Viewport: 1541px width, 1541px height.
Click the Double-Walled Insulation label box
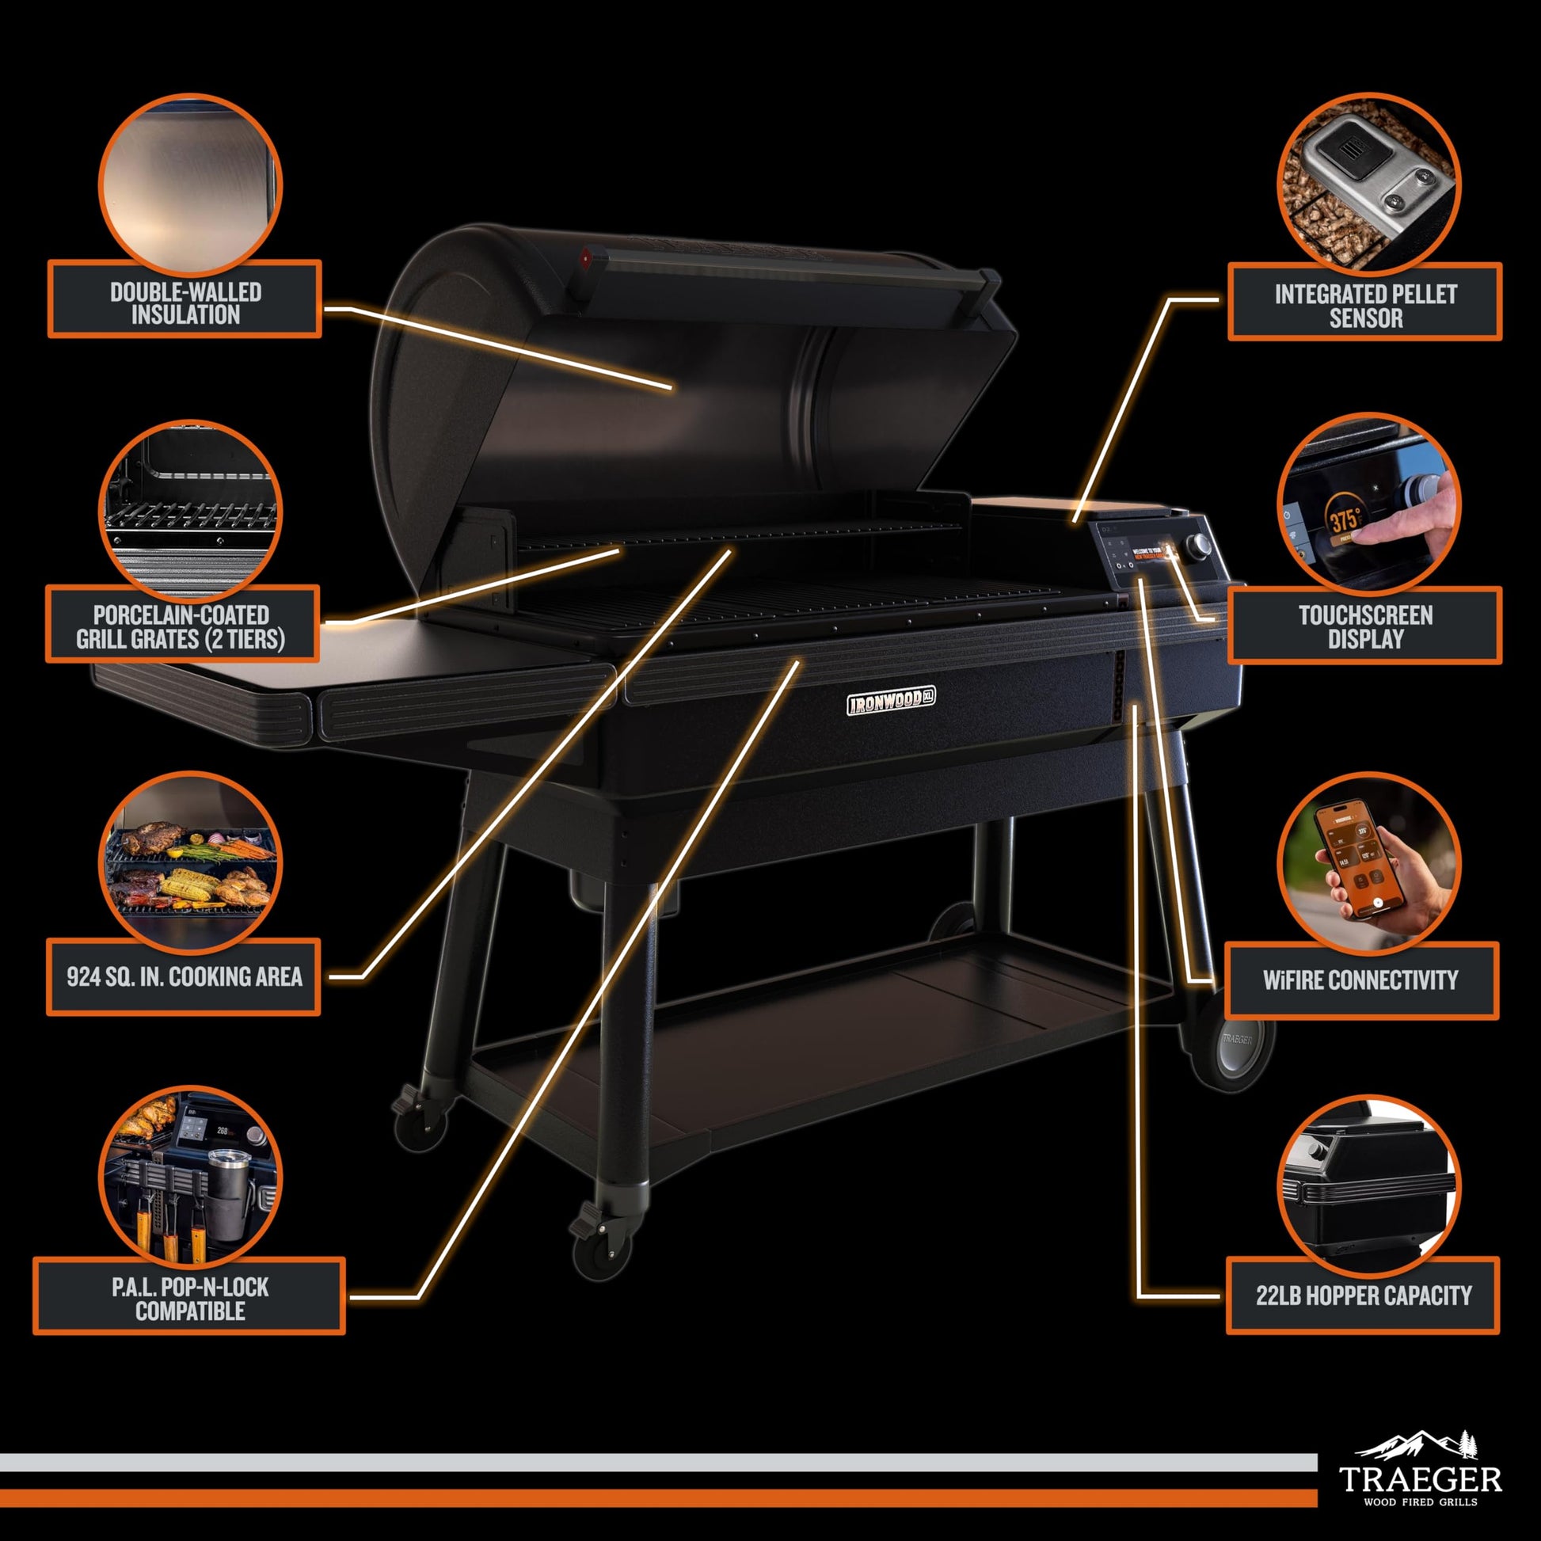pos(185,299)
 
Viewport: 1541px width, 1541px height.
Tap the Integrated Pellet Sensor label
pos(1364,302)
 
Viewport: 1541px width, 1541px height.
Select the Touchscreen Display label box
pos(1364,626)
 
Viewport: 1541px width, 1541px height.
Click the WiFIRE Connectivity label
pos(1360,980)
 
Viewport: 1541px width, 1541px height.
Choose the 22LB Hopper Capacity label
pos(1363,1296)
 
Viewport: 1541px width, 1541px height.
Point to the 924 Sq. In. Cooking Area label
pos(184,976)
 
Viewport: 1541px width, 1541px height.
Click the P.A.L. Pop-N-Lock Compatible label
pos(189,1298)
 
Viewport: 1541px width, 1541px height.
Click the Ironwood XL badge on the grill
pos(890,700)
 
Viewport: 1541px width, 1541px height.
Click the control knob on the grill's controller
pos(1197,546)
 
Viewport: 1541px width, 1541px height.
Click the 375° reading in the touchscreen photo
pos(1344,520)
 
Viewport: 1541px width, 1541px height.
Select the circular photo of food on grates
pos(190,864)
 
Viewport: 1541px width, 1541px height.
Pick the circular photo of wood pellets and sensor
pos(1368,185)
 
